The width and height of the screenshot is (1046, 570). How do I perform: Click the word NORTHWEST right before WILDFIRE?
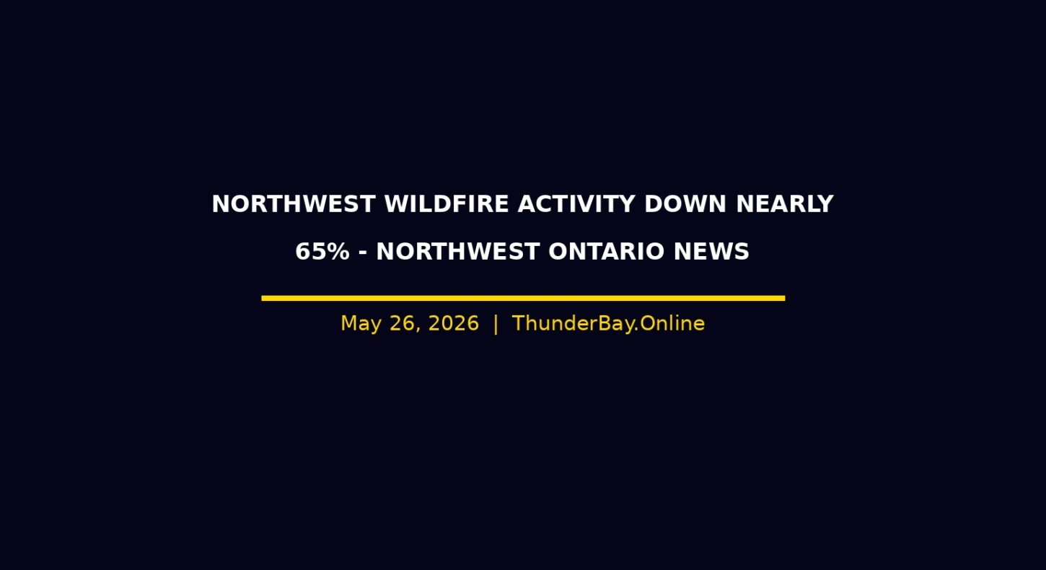(294, 204)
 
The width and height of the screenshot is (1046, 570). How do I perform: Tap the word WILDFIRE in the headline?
(447, 204)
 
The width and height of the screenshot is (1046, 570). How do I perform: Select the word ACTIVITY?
(576, 204)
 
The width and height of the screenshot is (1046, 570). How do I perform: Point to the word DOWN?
(685, 204)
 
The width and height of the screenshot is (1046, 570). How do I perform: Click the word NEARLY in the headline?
(785, 204)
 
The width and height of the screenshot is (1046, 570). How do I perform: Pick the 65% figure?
(322, 251)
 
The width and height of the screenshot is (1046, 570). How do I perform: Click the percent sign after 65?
(338, 251)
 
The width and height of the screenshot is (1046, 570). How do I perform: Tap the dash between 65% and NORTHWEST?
(363, 253)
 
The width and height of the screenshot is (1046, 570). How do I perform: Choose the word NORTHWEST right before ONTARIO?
(458, 251)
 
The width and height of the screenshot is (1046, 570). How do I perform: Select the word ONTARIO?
(607, 251)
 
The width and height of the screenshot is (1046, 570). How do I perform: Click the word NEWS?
(712, 251)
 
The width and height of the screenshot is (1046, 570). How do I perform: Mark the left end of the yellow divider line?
(262, 298)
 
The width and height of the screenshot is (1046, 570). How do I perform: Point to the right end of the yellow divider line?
(785, 298)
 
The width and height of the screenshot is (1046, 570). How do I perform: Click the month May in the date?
(361, 324)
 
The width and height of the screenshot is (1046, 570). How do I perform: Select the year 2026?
(454, 323)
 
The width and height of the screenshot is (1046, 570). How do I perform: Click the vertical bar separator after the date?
(496, 324)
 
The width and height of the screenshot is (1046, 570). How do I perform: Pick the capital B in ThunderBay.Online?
(600, 323)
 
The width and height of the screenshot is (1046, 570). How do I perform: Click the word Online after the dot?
(672, 323)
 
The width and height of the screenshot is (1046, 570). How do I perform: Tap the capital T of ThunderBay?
(519, 323)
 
